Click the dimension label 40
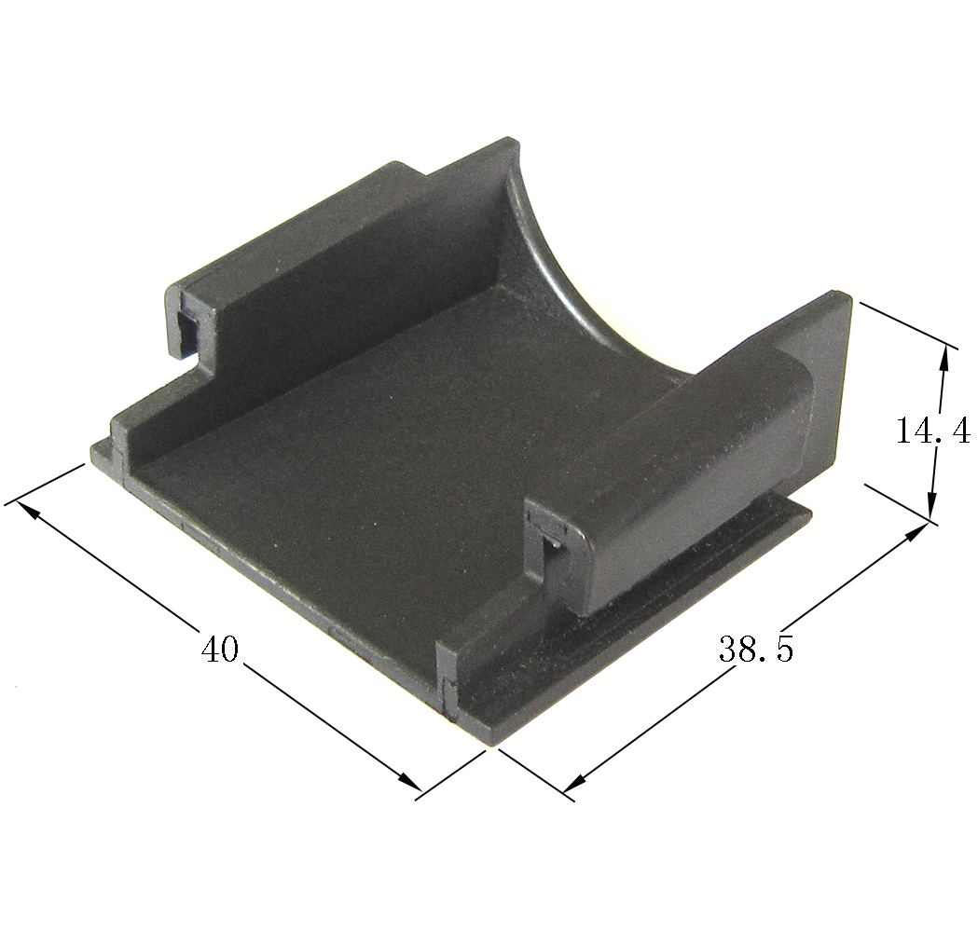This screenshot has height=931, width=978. [x=219, y=650]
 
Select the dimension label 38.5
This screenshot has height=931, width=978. [x=757, y=650]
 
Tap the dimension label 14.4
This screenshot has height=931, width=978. [x=932, y=431]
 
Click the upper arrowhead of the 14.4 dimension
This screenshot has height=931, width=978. [x=945, y=360]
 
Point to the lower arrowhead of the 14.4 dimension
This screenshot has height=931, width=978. [x=931, y=502]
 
